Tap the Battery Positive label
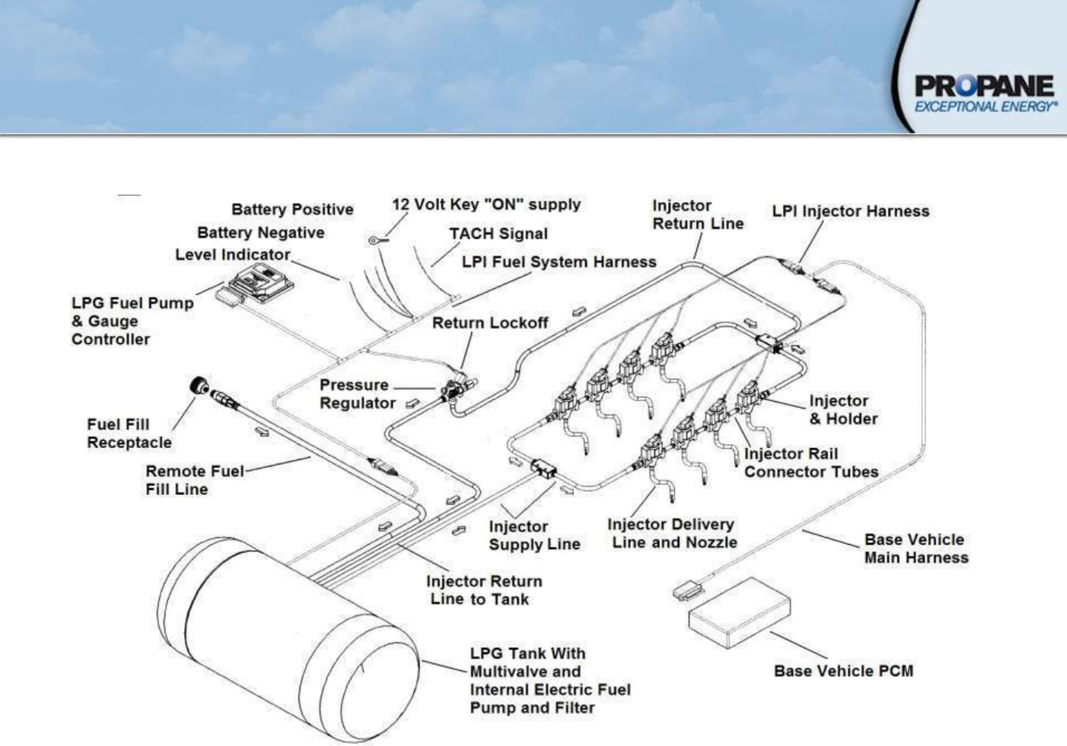tap(292, 210)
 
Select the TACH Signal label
tap(498, 233)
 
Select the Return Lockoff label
tap(490, 323)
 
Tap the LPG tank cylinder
tap(290, 639)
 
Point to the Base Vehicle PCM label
tap(843, 671)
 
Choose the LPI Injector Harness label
tap(850, 211)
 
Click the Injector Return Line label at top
tap(697, 215)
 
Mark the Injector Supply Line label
tap(533, 536)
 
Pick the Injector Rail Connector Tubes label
tap(811, 463)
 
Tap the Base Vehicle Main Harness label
tap(915, 549)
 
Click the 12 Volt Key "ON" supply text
tap(486, 204)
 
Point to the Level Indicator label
tap(233, 255)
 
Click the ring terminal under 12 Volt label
tap(375, 240)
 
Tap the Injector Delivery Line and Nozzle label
tap(673, 533)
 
